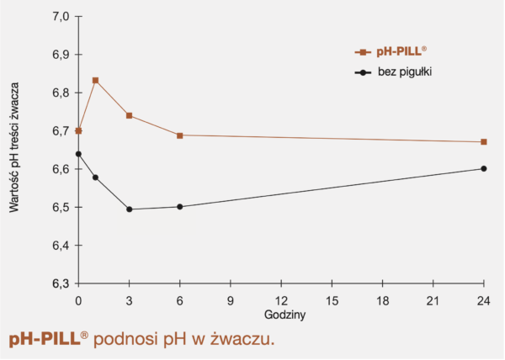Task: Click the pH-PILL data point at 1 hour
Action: [x=95, y=81]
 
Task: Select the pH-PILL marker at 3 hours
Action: [x=129, y=115]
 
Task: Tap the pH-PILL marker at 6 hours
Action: [x=180, y=135]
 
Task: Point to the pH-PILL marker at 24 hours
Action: [x=484, y=142]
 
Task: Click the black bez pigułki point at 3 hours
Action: [x=129, y=209]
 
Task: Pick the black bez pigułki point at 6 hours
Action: [x=180, y=207]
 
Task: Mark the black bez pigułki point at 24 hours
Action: [x=484, y=168]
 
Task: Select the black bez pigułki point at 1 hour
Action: [x=95, y=177]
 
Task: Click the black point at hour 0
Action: [x=78, y=154]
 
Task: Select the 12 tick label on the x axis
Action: [x=281, y=299]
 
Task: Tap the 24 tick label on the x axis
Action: [x=484, y=299]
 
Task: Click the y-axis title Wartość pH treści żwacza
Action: [x=16, y=151]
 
